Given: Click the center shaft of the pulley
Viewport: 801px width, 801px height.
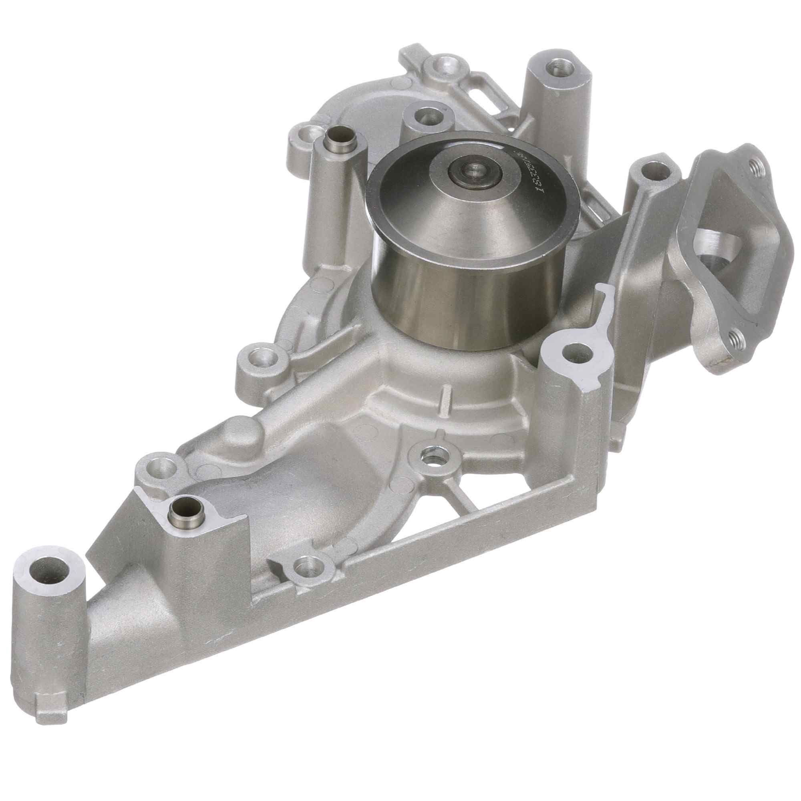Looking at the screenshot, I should (473, 169).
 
